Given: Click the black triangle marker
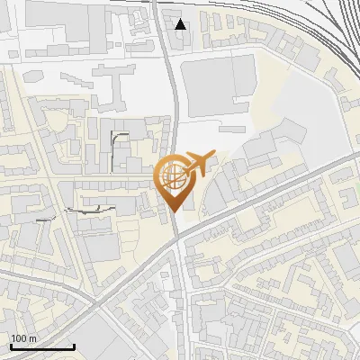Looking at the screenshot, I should pos(181,24).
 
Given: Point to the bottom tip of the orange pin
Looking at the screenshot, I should pos(174,211).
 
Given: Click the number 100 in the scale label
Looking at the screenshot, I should pos(19,338).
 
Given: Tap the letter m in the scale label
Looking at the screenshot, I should pos(32,338).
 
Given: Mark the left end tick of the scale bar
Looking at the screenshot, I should pos(10,346).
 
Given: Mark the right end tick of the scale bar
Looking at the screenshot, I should pos(74,346).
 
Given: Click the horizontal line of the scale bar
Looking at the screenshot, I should pos(41,347).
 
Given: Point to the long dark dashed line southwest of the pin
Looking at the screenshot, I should pos(90,210).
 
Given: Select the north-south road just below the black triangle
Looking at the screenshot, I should pos(170,63).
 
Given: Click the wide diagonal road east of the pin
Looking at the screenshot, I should pos(270,193).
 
